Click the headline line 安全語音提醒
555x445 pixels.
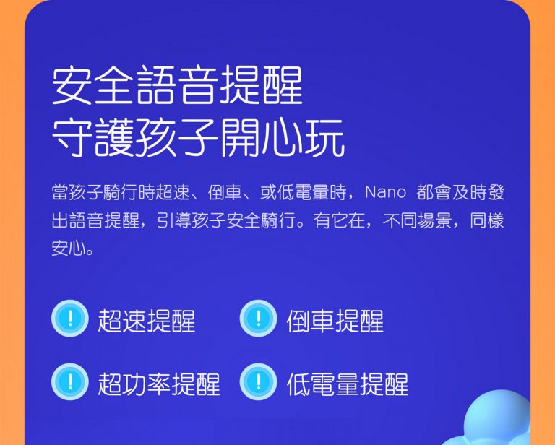[x=177, y=85]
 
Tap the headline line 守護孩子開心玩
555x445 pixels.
[x=198, y=137]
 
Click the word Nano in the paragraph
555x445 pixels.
[x=385, y=193]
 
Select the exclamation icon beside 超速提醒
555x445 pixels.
[x=69, y=318]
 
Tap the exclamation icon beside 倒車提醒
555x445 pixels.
[x=259, y=318]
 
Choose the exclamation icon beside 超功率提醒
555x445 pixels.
[x=69, y=381]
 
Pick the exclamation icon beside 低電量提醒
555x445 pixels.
[x=259, y=381]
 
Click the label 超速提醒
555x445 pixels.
[x=147, y=321]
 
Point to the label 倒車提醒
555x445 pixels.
[x=335, y=321]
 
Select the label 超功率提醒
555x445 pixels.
[x=159, y=384]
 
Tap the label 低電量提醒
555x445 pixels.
[x=348, y=384]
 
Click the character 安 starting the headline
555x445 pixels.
[x=72, y=85]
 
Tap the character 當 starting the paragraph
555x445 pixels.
[x=60, y=193]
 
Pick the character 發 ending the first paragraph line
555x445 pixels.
[x=496, y=193]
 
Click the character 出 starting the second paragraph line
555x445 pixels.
[x=60, y=220]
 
